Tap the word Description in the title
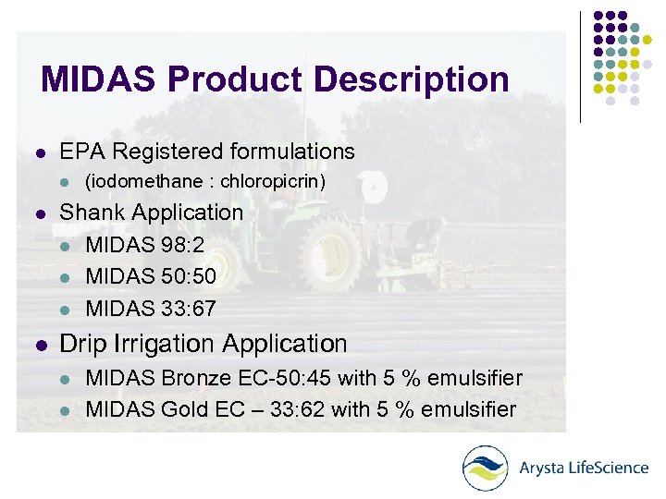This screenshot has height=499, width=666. [411, 79]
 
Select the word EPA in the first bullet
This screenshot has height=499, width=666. [80, 152]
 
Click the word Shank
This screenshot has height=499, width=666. [90, 213]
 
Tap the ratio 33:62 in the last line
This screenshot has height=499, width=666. [291, 409]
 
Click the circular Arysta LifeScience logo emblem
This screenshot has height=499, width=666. [485, 468]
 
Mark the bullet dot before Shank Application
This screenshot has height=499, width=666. [37, 213]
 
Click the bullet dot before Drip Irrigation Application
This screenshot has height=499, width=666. [37, 345]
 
